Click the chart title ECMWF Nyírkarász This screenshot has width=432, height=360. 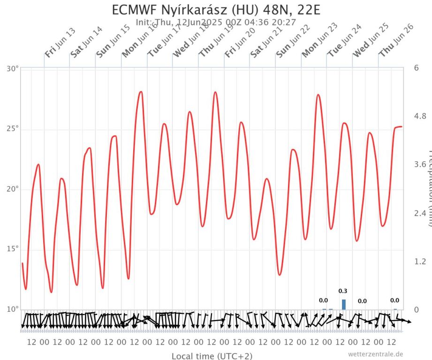tap(216, 10)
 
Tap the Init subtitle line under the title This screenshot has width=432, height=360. tap(216, 22)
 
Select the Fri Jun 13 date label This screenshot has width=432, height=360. tap(60, 43)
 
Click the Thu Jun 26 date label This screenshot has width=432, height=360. tap(396, 41)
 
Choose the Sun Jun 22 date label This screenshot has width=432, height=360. tap(293, 41)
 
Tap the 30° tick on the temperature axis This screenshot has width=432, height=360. tap(13, 68)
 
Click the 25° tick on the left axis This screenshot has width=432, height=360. tap(13, 129)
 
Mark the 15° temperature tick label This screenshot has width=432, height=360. tap(13, 249)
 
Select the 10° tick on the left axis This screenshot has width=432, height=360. tap(13, 309)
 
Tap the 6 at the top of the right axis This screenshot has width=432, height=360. tap(416, 68)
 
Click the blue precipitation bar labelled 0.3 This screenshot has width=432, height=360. tap(344, 304)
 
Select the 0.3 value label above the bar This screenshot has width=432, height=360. tap(343, 291)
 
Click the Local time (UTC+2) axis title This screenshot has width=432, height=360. tap(212, 356)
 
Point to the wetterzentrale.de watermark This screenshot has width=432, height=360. tap(375, 354)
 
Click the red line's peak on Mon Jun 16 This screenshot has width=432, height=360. tap(140, 92)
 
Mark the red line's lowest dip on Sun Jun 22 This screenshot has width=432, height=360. tap(280, 275)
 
